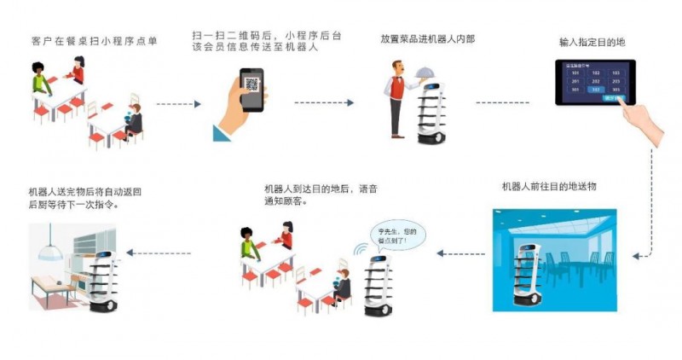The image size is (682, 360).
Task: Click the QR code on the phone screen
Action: tap(251, 84)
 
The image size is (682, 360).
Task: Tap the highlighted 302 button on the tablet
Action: tap(597, 89)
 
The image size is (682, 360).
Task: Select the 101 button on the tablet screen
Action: tap(576, 73)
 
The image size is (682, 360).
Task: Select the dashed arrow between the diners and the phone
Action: tap(178, 104)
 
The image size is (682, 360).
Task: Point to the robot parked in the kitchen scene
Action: tap(105, 273)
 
